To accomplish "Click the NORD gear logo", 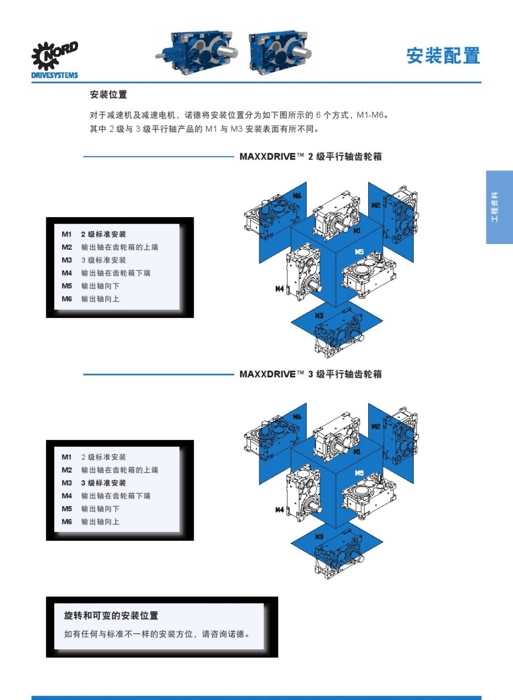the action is tap(54, 56).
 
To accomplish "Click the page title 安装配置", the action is tap(443, 56).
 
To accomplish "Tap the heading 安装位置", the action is tap(108, 95).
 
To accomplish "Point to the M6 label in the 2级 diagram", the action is tap(297, 196).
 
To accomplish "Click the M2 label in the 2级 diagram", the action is tap(376, 205).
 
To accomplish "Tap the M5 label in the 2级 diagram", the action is tap(359, 251).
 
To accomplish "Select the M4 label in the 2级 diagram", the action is tap(280, 289).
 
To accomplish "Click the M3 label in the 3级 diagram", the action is tap(319, 536).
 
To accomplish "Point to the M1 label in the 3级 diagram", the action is tap(357, 451).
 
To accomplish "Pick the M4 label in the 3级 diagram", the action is tap(280, 510).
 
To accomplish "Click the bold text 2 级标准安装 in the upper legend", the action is tap(103, 234).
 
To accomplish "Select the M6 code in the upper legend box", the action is tap(67, 299).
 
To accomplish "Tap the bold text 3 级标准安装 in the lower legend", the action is tap(103, 483).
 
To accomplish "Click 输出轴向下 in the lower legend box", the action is tap(100, 508).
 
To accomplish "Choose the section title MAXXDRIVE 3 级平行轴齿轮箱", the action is tap(311, 374).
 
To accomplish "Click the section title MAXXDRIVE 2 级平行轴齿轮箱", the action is tap(311, 156).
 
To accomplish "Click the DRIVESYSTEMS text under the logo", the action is tap(55, 75).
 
